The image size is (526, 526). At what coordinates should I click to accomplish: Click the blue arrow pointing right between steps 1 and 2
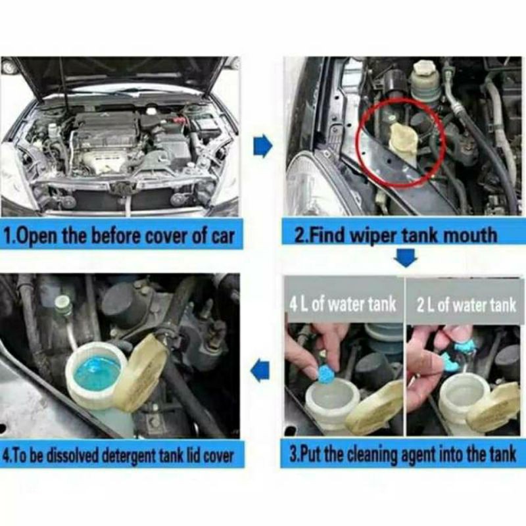[262, 146]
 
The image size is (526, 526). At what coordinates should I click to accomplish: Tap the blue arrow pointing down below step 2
[406, 257]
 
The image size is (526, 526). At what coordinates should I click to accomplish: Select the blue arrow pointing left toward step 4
[260, 370]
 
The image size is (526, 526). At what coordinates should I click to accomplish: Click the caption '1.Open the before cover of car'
[119, 237]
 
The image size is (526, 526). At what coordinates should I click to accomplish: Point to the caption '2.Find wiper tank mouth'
[396, 235]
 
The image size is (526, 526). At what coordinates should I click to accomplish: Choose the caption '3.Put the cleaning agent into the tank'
[403, 454]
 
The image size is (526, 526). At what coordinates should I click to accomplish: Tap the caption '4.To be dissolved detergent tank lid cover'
[118, 456]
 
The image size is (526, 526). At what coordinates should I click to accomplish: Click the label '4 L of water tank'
[343, 304]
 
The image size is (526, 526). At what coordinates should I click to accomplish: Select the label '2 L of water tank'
[466, 305]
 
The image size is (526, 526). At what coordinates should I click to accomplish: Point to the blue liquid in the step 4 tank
[96, 372]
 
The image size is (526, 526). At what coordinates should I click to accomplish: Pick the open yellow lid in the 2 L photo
[492, 406]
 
